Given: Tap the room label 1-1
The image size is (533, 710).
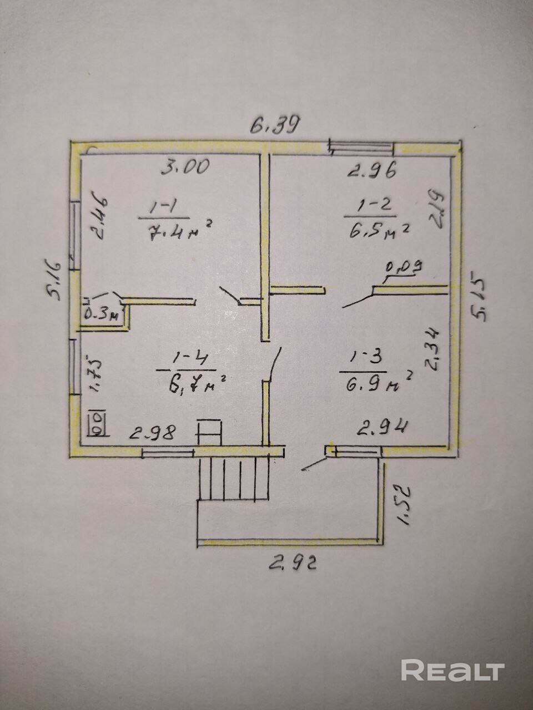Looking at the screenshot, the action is (163, 207).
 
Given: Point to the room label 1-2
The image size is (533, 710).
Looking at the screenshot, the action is (369, 206).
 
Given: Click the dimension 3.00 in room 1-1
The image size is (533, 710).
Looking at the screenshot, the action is (185, 166).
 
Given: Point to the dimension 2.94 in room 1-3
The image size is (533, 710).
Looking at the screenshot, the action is (383, 427).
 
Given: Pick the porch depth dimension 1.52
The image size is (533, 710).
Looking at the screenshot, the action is (404, 504).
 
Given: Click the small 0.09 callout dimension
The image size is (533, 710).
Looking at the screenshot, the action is (404, 268).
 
